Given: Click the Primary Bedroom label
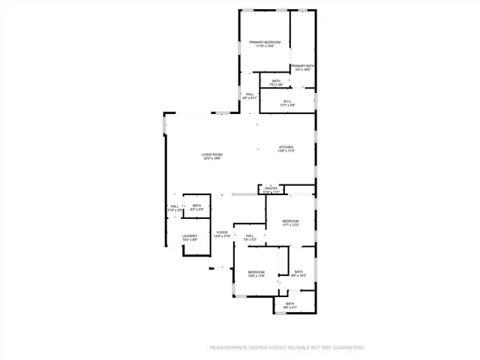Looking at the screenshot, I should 265,42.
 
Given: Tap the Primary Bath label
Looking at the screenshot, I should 303,66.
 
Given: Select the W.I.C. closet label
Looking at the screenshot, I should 287,101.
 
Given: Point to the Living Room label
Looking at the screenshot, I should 211,154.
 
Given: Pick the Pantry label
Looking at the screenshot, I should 271,188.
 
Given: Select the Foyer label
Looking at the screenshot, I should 222,232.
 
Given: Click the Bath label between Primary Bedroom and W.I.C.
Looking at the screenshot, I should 276,81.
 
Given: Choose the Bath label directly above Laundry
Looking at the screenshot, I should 196,205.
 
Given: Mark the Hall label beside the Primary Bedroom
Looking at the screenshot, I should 249,94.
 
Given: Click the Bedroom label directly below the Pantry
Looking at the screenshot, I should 291,221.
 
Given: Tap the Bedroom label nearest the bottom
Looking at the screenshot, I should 256,271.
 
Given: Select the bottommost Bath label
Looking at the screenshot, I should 289,304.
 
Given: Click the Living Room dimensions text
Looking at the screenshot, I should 211,159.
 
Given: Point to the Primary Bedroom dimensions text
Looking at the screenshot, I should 265,46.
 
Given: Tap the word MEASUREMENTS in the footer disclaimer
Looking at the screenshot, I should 229,348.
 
